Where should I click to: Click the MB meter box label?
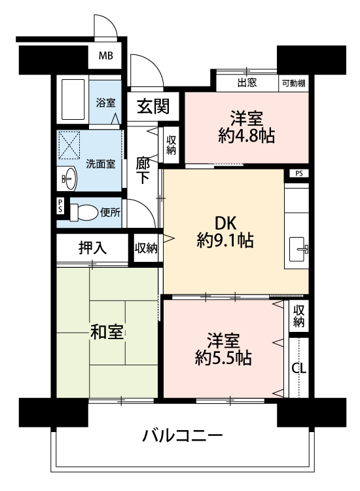tap(106, 56)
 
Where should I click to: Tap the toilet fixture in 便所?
tap(83, 213)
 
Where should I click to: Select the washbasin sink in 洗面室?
tap(69, 179)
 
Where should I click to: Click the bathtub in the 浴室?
tap(73, 100)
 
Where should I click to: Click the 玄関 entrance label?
tap(153, 106)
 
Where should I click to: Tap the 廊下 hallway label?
tap(143, 171)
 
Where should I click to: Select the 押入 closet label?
tap(93, 248)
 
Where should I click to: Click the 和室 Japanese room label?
tap(107, 332)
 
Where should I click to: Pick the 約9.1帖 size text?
tap(225, 241)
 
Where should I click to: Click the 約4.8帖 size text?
tap(247, 136)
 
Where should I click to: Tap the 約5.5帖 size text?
tap(223, 358)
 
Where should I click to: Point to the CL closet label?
tap(298, 368)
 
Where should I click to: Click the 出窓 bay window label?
tap(247, 82)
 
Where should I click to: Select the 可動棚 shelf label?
tap(294, 83)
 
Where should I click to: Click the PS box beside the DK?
tap(299, 173)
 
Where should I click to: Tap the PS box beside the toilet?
tap(60, 206)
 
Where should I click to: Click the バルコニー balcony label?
tap(183, 435)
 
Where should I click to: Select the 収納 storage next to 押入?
tap(146, 248)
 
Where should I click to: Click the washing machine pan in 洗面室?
tap(69, 145)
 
